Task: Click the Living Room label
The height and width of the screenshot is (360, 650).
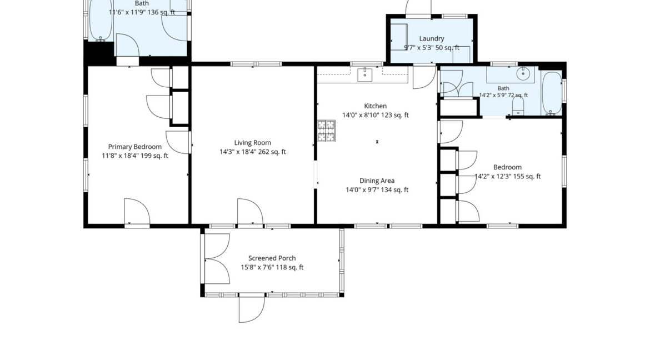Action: coord(252,143)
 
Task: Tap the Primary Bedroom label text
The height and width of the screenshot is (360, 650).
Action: coord(135,147)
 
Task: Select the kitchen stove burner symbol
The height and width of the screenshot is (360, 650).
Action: coord(326,131)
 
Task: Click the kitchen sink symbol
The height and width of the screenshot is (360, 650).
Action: coord(365,75)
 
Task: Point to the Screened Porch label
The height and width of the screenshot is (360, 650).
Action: coord(272,258)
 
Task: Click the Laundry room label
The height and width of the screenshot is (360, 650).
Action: coord(432,38)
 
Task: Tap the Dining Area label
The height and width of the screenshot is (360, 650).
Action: coord(377,181)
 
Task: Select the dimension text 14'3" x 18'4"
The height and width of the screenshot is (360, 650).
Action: coord(238,152)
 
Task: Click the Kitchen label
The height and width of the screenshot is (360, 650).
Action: coord(376,106)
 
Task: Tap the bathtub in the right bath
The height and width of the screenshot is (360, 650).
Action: coord(552,93)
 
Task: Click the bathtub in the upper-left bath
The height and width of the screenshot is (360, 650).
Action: coord(101,20)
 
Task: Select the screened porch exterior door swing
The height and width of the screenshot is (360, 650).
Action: coord(252,308)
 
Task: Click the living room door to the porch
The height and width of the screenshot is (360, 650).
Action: coord(250,212)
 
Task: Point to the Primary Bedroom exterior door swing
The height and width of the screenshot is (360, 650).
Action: coord(137,212)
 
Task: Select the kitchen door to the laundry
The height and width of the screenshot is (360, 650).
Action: coord(424,78)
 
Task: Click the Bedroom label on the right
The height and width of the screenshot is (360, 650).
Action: coord(507,167)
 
